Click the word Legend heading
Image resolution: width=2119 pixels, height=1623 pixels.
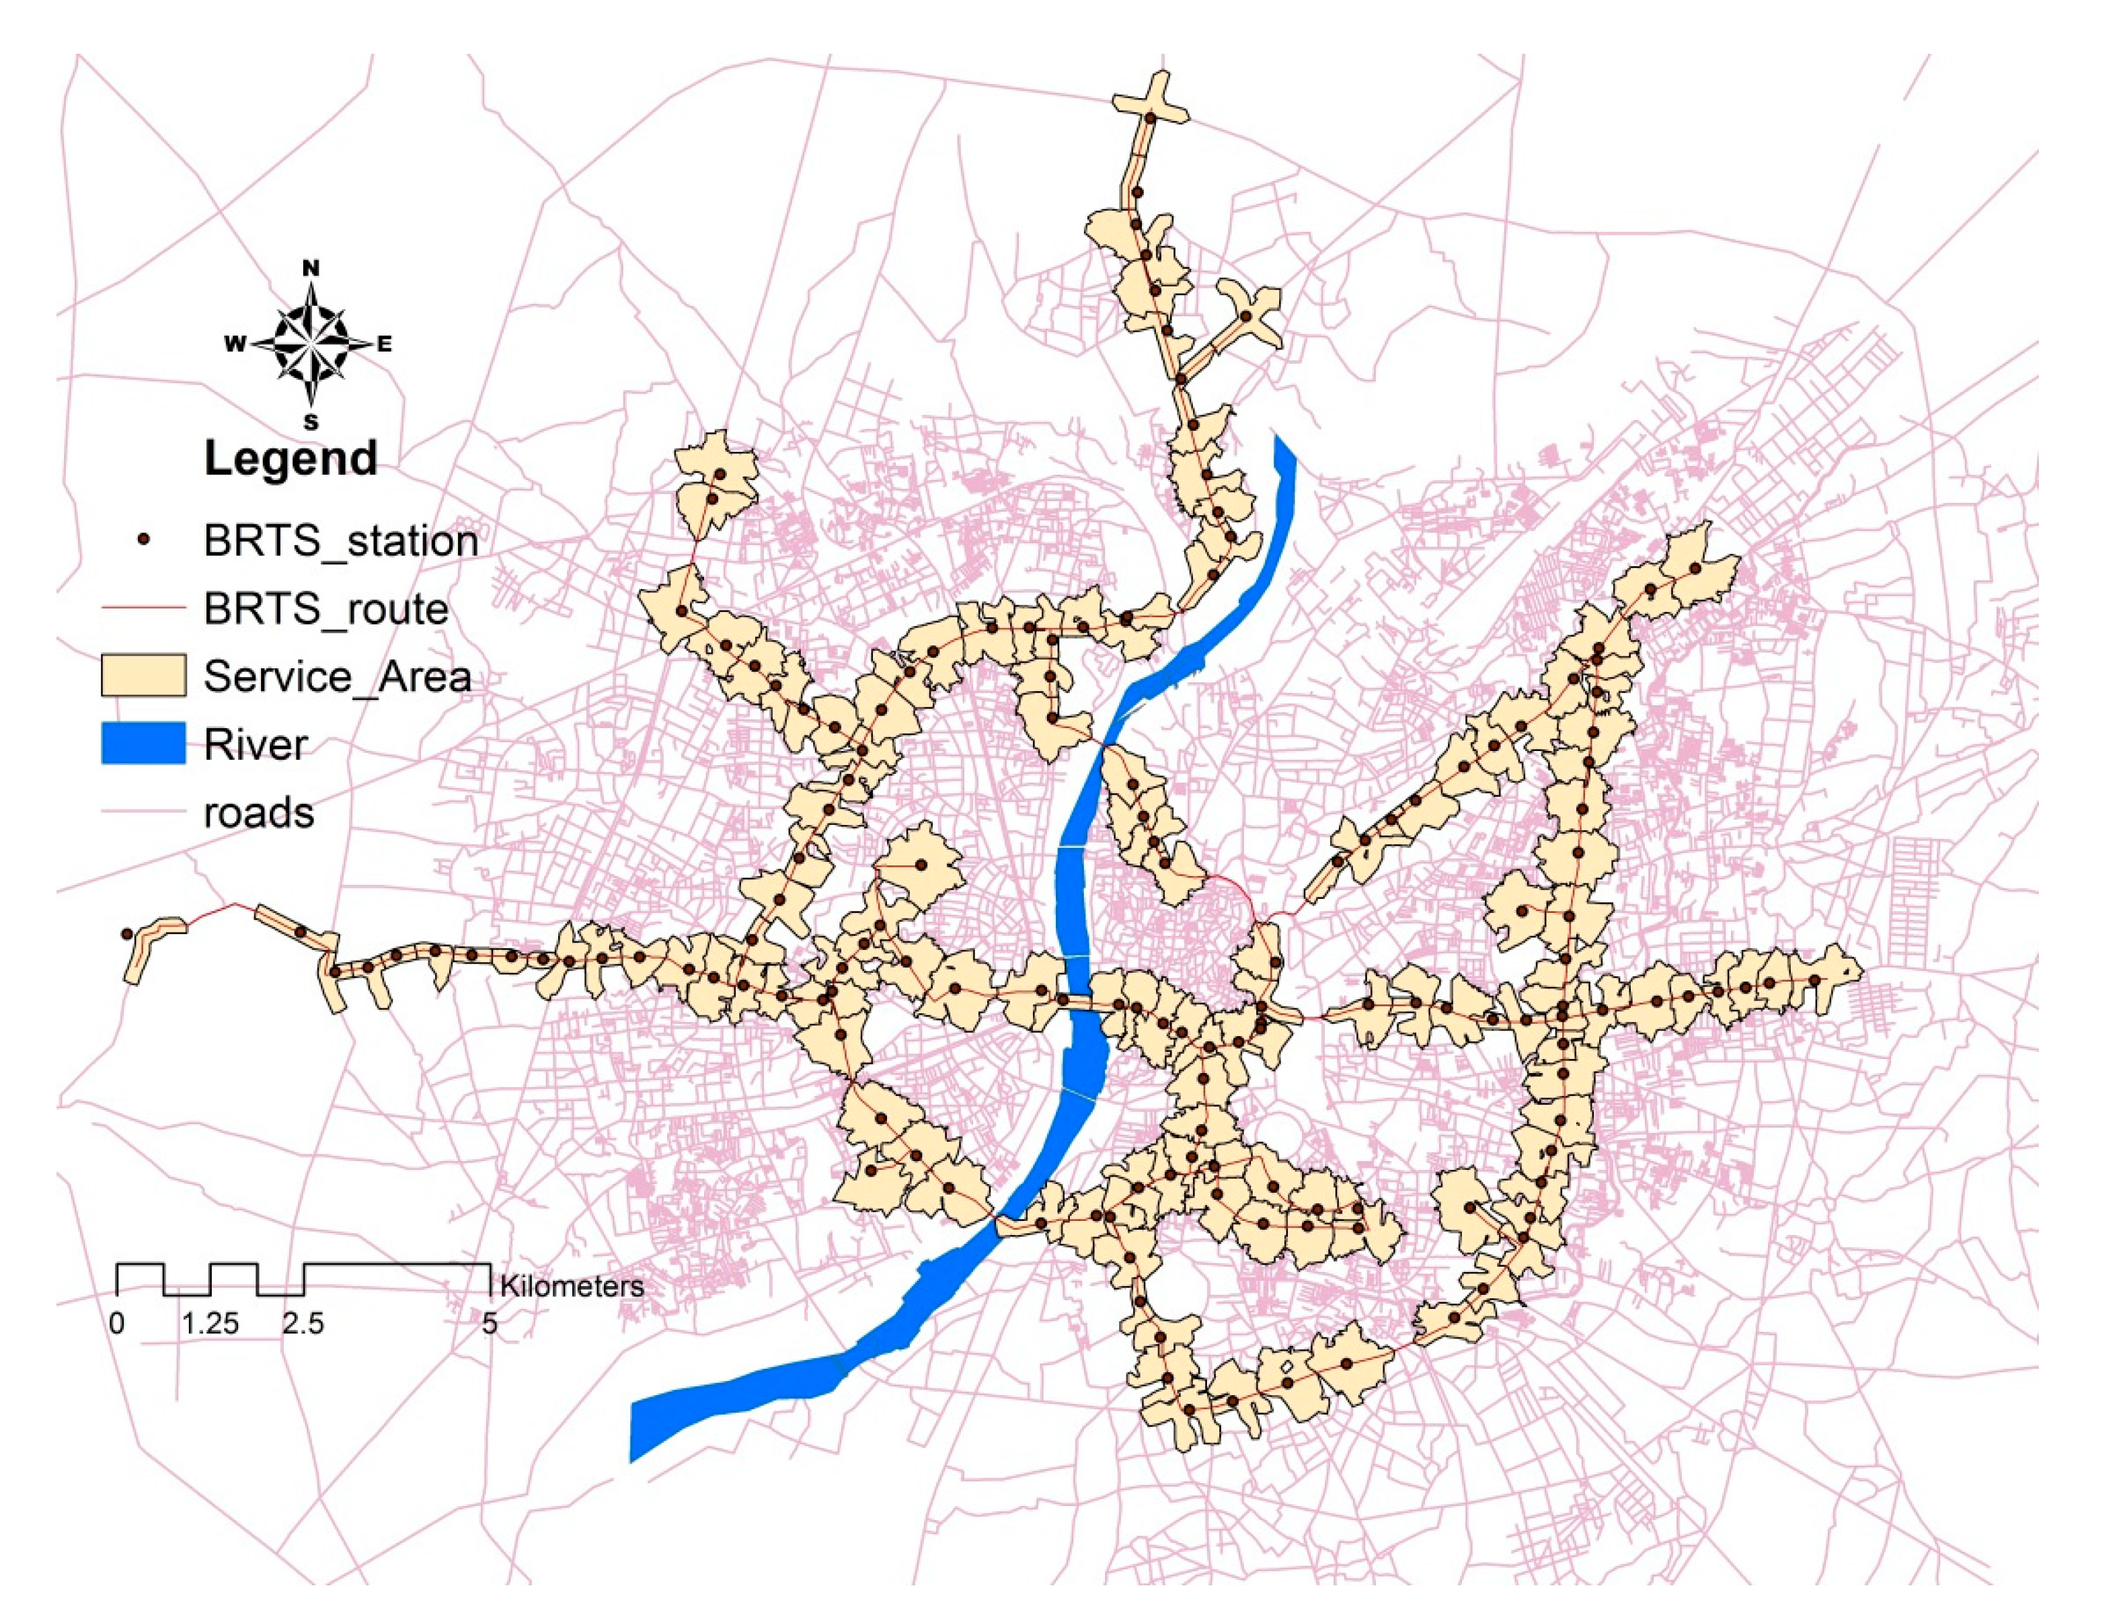(290, 458)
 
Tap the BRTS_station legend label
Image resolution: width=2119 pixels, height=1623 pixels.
(340, 541)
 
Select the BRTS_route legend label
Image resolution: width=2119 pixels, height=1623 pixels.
(325, 608)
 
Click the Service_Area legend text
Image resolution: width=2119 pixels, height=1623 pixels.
(337, 676)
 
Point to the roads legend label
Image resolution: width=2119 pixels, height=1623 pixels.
(258, 812)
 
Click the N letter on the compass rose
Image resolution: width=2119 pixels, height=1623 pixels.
(311, 268)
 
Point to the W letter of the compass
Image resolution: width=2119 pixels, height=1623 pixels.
(235, 344)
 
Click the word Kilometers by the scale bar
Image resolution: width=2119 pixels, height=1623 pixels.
(571, 1286)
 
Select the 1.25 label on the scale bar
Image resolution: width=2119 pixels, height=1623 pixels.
(210, 1324)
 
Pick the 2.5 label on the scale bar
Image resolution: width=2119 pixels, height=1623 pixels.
(303, 1324)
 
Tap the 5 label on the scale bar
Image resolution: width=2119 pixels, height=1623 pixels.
(490, 1324)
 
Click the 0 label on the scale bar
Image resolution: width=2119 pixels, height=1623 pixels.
(117, 1324)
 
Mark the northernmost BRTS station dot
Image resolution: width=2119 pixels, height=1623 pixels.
(1150, 118)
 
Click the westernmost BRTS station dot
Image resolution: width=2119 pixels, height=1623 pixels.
(126, 934)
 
